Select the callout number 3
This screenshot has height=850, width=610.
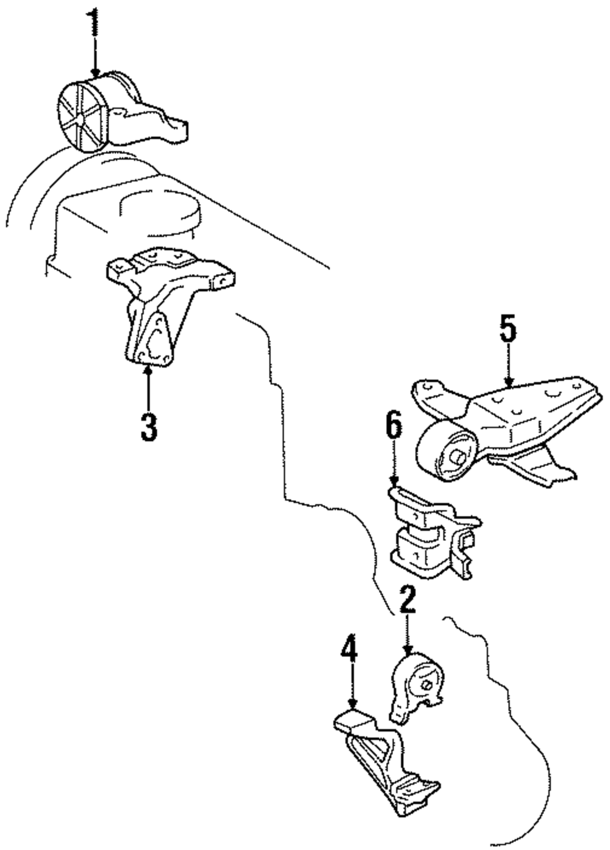click(x=149, y=427)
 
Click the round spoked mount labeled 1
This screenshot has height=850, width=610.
click(x=121, y=112)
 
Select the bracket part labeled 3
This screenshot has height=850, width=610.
click(x=171, y=306)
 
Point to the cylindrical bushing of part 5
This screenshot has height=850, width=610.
click(x=447, y=452)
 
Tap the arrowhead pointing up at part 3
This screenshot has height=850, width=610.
click(x=148, y=370)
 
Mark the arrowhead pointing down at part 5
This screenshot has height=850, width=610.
click(x=508, y=382)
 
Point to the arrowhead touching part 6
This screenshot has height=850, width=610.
click(x=394, y=483)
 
